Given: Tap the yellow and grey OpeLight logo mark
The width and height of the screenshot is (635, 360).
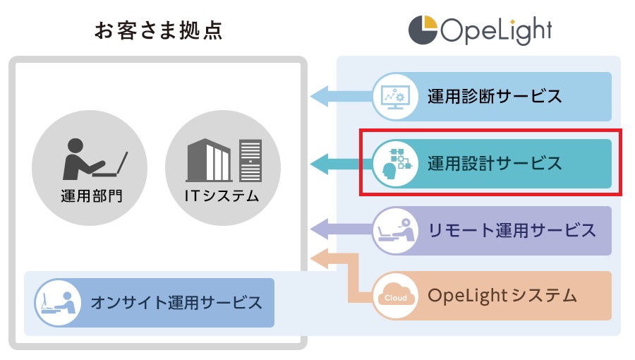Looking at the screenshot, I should [x=423, y=30].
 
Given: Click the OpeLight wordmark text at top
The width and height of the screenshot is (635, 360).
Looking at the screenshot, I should [x=496, y=31].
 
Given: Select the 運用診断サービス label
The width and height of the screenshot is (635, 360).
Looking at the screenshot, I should [x=495, y=96].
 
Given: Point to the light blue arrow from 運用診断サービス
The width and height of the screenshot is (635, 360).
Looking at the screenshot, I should [x=339, y=96].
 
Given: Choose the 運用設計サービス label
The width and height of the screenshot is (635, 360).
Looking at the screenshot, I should [x=495, y=163].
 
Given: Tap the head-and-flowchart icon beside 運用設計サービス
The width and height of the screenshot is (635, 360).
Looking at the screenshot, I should [x=392, y=163].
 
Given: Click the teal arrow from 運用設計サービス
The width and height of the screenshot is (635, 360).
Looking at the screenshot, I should [x=339, y=164].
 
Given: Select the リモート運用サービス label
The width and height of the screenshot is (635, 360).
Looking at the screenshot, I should [x=512, y=229].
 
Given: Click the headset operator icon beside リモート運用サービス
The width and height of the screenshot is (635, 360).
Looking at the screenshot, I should [x=392, y=229].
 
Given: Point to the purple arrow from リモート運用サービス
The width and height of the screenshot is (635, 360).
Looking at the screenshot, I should [x=339, y=229].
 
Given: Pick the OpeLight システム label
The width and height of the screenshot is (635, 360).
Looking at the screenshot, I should [x=502, y=295].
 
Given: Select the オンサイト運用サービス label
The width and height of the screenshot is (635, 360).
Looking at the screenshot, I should [x=176, y=303].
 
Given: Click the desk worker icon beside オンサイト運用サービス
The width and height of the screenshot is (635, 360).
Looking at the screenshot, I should [x=56, y=303].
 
